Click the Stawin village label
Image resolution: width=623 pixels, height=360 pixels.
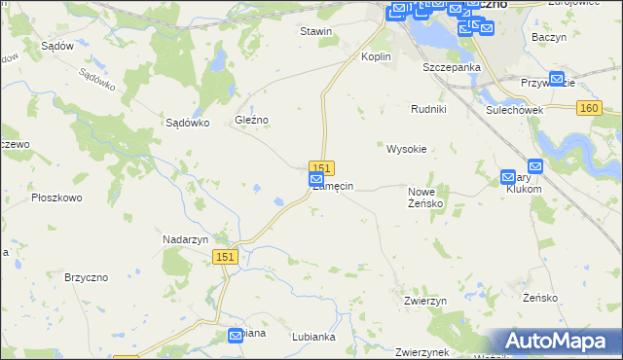[x=316, y=31]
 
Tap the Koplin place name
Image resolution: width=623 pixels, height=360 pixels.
[x=376, y=56]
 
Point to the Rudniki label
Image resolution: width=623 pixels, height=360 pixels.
[x=428, y=109]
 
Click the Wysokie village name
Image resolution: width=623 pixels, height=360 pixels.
[x=407, y=149]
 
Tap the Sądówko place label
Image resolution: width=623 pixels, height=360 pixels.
[x=188, y=123]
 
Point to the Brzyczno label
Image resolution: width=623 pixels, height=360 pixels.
[x=85, y=277]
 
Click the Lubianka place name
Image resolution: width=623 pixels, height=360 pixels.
[x=313, y=337]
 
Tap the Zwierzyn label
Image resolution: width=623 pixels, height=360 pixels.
[x=425, y=302]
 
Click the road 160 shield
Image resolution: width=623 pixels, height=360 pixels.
[x=588, y=109]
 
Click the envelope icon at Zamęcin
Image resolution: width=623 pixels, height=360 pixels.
[x=316, y=180]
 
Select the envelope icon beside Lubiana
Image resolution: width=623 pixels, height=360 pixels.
[x=236, y=336]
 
